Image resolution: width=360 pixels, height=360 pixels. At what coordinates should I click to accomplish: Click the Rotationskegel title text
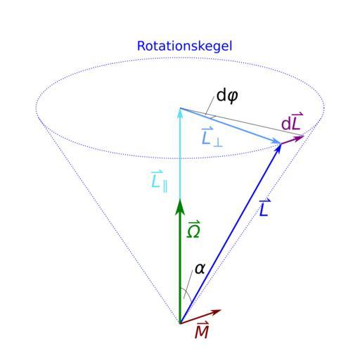coord(184,46)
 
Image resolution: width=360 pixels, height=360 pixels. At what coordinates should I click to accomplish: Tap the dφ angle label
coord(227,96)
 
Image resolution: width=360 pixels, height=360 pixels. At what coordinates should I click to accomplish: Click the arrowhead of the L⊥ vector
coord(276,141)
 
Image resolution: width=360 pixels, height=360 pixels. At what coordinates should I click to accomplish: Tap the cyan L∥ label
coord(160,181)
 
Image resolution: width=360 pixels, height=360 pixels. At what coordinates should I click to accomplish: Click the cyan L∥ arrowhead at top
coord(180,112)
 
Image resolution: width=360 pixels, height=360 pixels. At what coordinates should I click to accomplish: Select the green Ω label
coord(193,229)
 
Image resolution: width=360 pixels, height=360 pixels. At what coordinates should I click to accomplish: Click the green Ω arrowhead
coord(180,207)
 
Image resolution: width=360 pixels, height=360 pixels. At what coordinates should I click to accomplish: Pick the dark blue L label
coord(265,207)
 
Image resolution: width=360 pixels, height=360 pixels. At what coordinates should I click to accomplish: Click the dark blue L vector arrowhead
coord(278,149)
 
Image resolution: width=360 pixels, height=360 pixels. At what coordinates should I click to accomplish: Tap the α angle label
coord(200,269)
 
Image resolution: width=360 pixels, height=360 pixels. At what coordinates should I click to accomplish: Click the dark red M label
coord(202,330)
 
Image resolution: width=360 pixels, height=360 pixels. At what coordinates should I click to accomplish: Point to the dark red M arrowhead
coord(215,312)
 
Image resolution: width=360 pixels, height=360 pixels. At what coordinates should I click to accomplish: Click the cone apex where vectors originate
coord(180,323)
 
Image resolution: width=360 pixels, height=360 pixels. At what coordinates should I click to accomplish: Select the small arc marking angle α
coord(187,292)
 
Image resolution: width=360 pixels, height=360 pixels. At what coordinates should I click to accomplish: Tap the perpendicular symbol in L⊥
coord(218,143)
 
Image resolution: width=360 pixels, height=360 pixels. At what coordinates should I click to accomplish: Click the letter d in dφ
coord(221,95)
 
